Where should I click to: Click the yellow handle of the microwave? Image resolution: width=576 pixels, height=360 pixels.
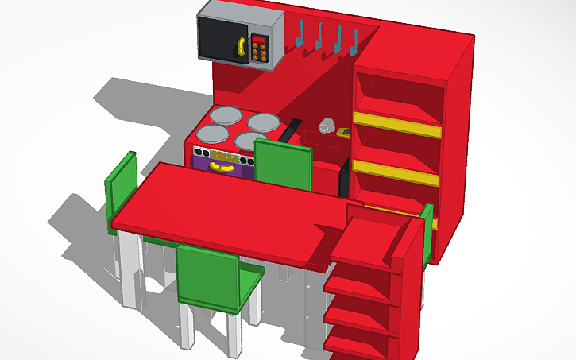238,50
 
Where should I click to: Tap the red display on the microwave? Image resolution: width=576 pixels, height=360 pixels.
260,37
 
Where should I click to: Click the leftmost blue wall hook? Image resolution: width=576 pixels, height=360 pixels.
301,33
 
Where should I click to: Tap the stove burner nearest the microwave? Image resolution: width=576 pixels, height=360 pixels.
226,115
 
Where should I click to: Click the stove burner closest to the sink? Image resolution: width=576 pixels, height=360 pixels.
265,122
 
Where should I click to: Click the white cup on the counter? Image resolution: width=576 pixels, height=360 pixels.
326,126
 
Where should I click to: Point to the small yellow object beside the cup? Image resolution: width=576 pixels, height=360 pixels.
343,132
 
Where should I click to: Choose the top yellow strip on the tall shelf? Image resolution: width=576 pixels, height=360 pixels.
396,125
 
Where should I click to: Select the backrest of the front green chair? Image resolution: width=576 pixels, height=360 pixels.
207,276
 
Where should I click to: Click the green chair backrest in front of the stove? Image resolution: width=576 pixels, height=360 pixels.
283,165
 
